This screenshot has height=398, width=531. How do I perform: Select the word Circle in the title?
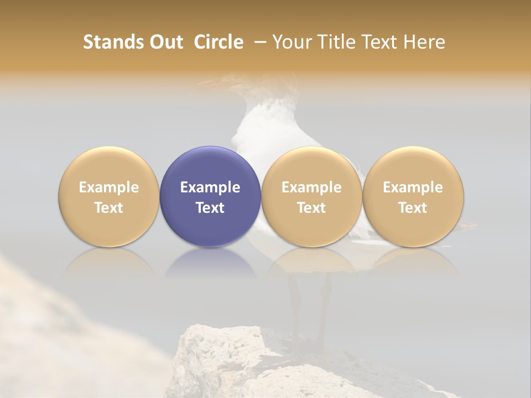click(x=218, y=42)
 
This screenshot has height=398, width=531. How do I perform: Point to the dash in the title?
click(x=258, y=42)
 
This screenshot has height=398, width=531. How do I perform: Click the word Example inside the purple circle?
click(x=210, y=187)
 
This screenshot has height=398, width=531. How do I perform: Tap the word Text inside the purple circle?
click(x=210, y=208)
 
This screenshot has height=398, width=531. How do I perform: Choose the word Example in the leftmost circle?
click(x=109, y=187)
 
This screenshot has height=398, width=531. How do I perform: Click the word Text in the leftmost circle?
click(x=109, y=208)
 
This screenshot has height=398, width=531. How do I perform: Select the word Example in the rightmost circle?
click(x=413, y=187)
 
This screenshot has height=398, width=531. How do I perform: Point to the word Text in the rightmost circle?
click(x=413, y=208)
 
